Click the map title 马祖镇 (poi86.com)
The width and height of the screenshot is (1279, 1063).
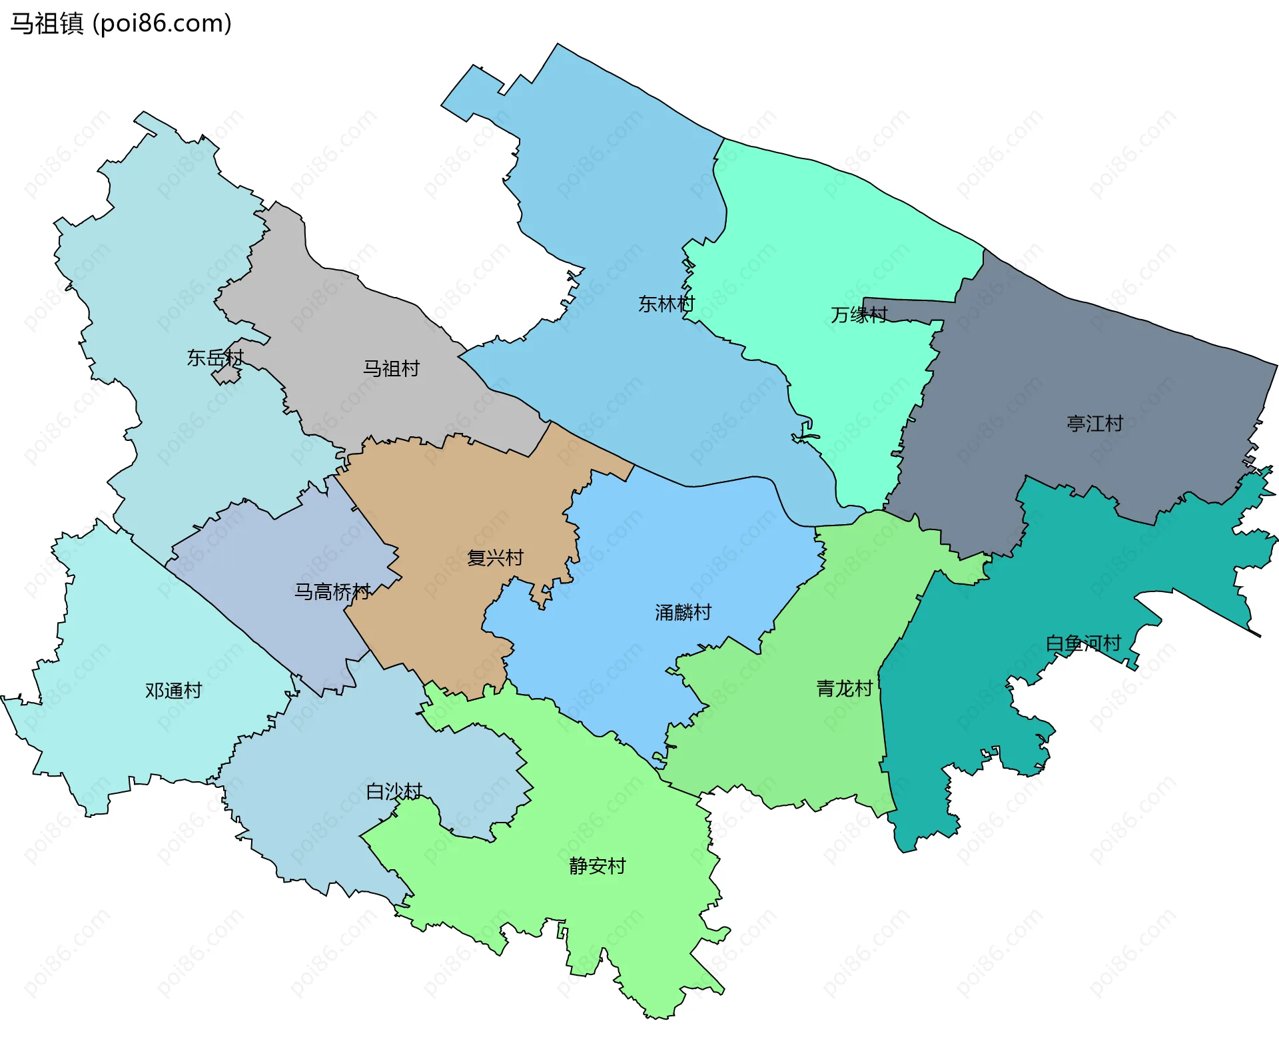pos(121,23)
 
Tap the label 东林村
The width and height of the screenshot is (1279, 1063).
pos(666,304)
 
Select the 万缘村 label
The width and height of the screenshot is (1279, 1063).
pos(859,314)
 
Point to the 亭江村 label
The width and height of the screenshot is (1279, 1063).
pos(1094,424)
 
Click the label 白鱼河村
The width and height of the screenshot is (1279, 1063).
pos(1083,643)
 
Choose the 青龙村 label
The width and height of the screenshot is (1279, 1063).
pos(845,689)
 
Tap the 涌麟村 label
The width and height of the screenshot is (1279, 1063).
pos(683,612)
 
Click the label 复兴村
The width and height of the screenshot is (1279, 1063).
pos(495,557)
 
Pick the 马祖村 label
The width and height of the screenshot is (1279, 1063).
pos(391,368)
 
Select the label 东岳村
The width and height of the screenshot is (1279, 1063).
pos(214,358)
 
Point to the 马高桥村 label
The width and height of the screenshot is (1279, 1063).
pos(332,591)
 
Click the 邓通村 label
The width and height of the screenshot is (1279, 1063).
pos(173,691)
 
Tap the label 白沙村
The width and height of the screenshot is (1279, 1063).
pos(394,791)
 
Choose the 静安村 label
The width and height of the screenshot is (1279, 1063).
pos(597,866)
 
